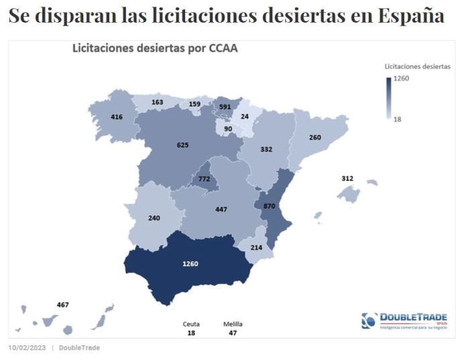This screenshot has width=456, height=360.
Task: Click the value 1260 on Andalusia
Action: [190, 263]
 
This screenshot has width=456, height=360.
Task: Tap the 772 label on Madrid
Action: [204, 179]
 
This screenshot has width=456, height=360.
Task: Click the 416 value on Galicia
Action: [117, 117]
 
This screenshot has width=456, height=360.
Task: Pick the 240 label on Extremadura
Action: [154, 218]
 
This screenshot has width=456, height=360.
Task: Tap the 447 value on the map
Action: [221, 209]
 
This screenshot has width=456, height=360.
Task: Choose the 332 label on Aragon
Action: [266, 149]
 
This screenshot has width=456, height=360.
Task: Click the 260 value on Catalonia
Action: [315, 138]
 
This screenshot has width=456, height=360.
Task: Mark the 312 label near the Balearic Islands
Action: [347, 178]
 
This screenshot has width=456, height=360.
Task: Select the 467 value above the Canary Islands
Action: [63, 305]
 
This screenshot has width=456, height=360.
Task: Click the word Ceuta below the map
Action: [191, 324]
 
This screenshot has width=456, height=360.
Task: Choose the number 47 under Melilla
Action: [233, 333]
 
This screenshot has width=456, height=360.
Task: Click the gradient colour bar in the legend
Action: [388, 98]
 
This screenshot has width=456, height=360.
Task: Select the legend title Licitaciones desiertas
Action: [417, 66]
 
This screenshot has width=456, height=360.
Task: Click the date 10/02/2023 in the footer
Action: [27, 347]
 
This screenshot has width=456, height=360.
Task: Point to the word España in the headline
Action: [410, 17]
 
